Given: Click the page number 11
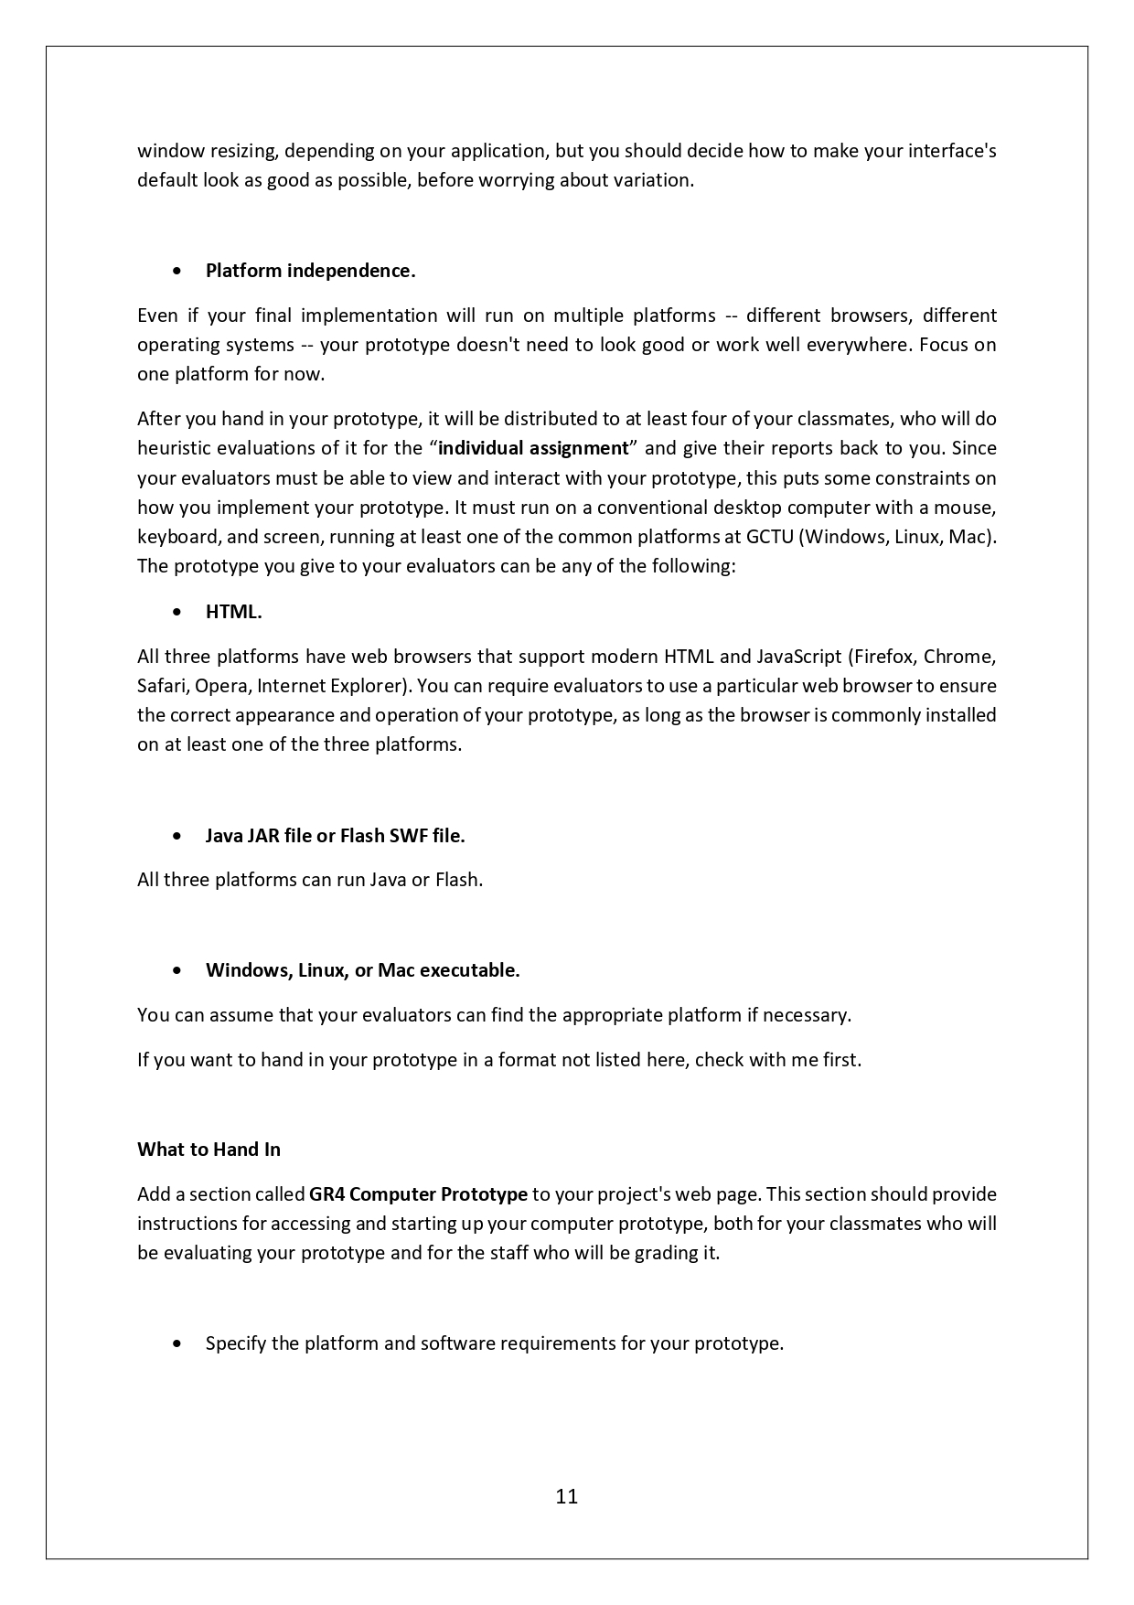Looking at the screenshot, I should click(566, 1496).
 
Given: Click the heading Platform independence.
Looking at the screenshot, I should click(310, 271).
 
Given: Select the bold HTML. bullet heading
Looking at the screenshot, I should click(233, 612).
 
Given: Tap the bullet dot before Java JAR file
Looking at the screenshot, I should click(177, 836).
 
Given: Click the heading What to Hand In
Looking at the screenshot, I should click(209, 1150).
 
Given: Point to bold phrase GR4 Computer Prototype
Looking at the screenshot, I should click(418, 1194).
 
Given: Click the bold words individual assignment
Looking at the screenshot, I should click(533, 448).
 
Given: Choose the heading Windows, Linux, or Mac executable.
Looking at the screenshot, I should click(362, 970).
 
